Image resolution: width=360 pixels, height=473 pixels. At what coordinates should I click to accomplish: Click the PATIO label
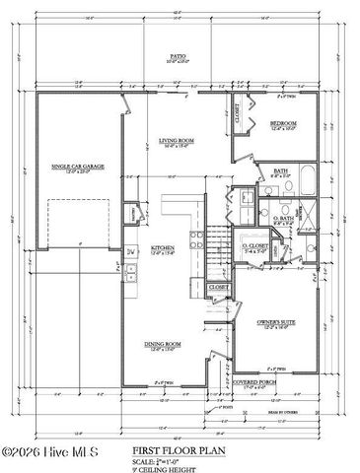click(x=179, y=57)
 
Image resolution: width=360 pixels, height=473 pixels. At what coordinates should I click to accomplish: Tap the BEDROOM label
click(x=283, y=123)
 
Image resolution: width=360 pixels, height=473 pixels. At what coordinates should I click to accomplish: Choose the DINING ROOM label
click(x=163, y=345)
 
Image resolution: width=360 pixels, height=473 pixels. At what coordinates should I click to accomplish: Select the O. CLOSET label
click(x=253, y=245)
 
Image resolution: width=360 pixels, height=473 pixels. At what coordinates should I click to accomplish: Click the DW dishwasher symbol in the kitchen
click(x=131, y=252)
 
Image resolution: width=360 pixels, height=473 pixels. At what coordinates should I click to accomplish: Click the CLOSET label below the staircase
click(x=219, y=287)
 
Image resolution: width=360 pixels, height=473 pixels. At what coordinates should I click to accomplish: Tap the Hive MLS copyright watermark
click(x=47, y=455)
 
